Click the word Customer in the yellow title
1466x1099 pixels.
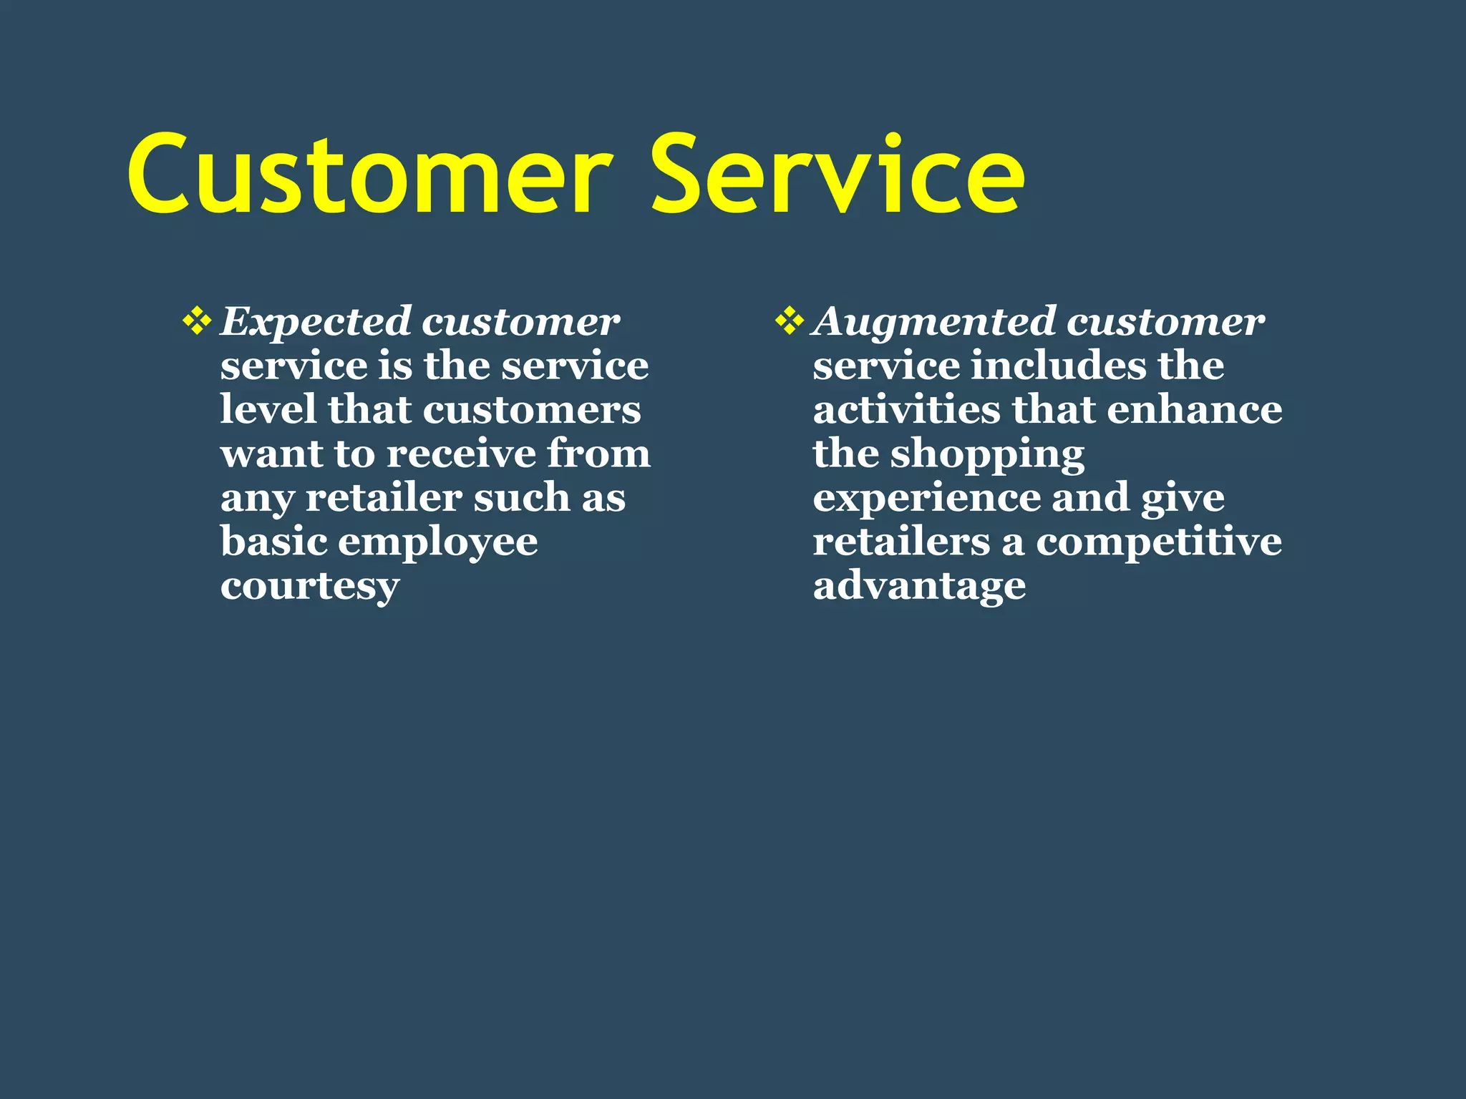369,175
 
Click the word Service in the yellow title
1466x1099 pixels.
838,175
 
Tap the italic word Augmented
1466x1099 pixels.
934,322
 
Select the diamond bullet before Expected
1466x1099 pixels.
197,321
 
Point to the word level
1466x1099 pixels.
268,410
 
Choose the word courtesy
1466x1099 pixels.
309,587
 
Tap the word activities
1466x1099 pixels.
906,410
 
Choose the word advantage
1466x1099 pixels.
919,587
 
